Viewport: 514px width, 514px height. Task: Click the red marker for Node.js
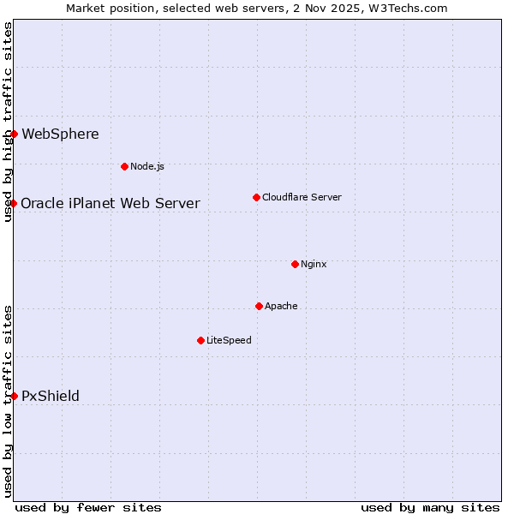click(x=124, y=166)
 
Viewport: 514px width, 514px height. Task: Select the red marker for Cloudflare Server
click(x=256, y=198)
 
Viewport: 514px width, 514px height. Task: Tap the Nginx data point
click(x=295, y=264)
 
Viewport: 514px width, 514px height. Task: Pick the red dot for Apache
click(x=259, y=306)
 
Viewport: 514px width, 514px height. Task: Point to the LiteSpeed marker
click(x=200, y=340)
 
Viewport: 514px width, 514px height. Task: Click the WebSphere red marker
click(x=14, y=134)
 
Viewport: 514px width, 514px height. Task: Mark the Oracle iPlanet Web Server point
click(x=14, y=203)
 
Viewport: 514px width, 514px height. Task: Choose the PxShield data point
click(x=14, y=396)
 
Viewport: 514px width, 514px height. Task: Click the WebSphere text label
click(x=60, y=134)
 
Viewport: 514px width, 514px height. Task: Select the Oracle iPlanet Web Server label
click(x=111, y=203)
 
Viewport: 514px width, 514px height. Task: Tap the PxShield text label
click(x=51, y=396)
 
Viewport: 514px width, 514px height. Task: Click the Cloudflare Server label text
click(x=302, y=198)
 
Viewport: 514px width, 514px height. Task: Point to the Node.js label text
click(x=147, y=166)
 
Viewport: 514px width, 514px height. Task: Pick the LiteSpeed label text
click(x=229, y=340)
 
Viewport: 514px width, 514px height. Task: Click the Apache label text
click(x=281, y=306)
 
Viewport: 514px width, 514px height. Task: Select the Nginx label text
click(x=314, y=264)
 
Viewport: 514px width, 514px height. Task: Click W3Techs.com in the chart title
click(x=409, y=8)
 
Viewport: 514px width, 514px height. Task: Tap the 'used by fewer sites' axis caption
click(x=88, y=507)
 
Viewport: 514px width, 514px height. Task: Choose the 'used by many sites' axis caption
click(x=430, y=507)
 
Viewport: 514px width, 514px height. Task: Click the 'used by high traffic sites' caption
click(x=8, y=122)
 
